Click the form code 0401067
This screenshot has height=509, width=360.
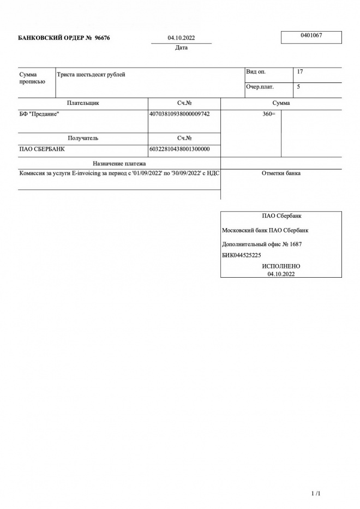click(311, 35)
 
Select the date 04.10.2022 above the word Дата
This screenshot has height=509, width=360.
click(182, 38)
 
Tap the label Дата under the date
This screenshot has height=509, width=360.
click(182, 48)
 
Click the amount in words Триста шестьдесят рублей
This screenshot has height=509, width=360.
click(91, 74)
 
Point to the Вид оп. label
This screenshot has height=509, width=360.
click(256, 72)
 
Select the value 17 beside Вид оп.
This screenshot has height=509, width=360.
click(300, 72)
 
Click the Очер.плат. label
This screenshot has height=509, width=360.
click(260, 87)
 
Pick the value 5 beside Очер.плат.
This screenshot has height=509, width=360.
click(298, 87)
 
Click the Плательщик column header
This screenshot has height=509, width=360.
click(83, 103)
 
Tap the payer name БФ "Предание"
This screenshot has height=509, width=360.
click(39, 114)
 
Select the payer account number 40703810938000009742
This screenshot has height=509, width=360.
click(179, 114)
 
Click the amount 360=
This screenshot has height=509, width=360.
click(269, 114)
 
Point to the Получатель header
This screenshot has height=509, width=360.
click(83, 139)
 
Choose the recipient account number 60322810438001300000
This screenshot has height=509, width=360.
click(179, 149)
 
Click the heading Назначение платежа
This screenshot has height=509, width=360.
click(119, 163)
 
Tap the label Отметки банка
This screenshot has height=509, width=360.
click(281, 173)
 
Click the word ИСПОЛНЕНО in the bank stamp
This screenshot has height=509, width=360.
click(281, 266)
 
